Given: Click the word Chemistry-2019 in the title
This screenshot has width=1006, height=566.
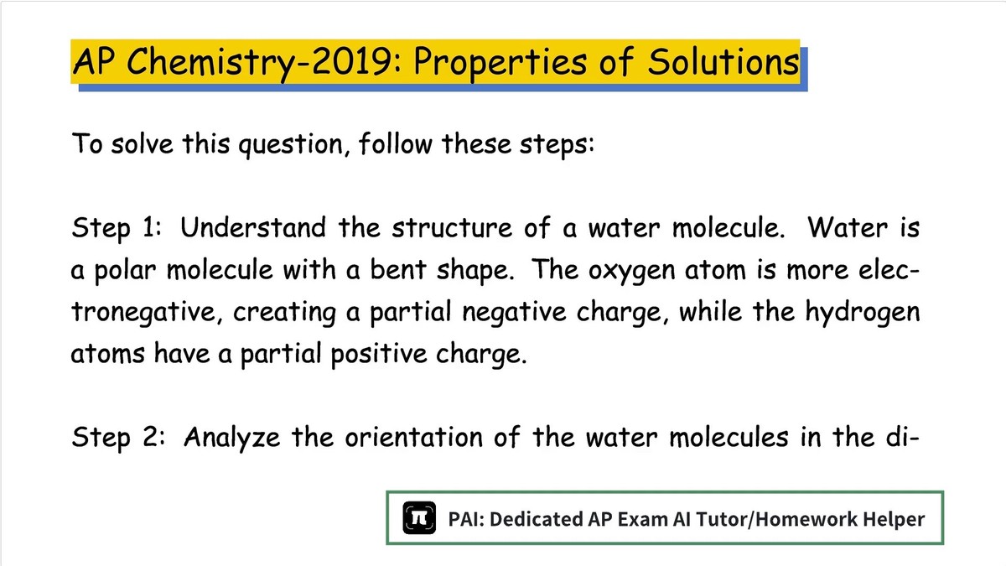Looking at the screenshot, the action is pos(260,64).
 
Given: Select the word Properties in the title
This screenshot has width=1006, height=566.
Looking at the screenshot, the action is pos(500,64).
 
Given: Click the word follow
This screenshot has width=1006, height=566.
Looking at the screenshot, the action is pos(396,143).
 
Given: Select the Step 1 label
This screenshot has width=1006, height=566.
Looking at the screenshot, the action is pos(117,228).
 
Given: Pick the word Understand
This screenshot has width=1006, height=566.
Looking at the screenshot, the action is pos(253,227).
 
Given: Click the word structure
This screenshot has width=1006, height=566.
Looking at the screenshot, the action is pos(452,227).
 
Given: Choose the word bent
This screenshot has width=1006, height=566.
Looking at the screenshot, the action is pos(398,269).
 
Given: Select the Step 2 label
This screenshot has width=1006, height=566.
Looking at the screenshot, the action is pos(118,438).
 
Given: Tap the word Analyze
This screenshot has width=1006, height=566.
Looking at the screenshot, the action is pos(231,438).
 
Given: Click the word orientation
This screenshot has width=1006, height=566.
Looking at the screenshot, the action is pos(413,437).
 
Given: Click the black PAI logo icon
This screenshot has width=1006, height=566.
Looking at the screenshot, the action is pos(419,518).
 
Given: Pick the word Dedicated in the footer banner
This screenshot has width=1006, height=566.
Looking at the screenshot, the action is pos(536,519).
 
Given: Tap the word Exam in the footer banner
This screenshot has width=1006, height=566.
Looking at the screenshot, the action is pos(642,519).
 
